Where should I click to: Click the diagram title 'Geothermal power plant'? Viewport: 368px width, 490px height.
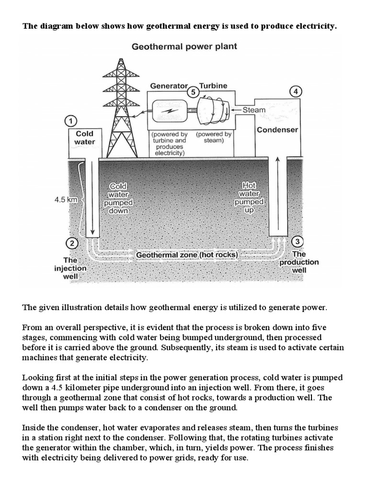coord(184,47)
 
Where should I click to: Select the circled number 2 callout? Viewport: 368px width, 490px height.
coord(71,244)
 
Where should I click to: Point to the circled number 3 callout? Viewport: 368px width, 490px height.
coord(297,241)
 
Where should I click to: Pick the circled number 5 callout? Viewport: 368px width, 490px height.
coord(193,92)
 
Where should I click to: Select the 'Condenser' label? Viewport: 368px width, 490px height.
coord(277,130)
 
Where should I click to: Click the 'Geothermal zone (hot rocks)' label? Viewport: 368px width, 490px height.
coord(187,255)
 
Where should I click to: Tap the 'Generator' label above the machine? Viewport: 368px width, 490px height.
coord(169,86)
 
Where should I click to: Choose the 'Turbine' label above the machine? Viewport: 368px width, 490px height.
coord(213,86)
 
